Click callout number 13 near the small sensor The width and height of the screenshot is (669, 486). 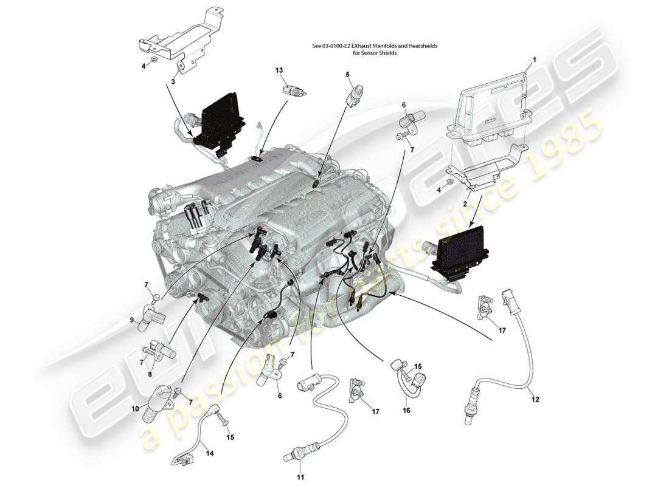coord(279,70)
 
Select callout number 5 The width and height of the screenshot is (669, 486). coord(348,75)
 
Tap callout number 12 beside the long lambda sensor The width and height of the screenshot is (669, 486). coord(535,400)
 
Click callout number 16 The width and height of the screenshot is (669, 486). coord(406,411)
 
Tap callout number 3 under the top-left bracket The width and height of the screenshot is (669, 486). coord(173,80)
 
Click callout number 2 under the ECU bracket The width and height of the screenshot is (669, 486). coord(465,205)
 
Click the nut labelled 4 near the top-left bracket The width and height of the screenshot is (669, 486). coord(155,60)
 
